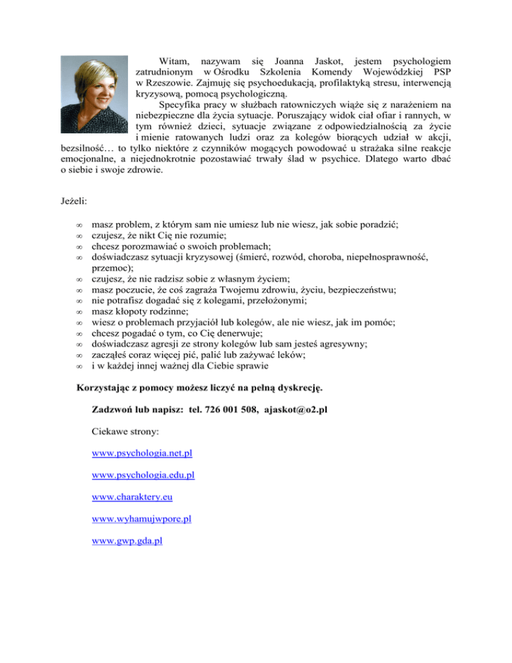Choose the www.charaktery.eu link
[x=129, y=497]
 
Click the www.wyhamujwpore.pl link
[x=142, y=518]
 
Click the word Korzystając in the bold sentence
[x=107, y=388]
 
